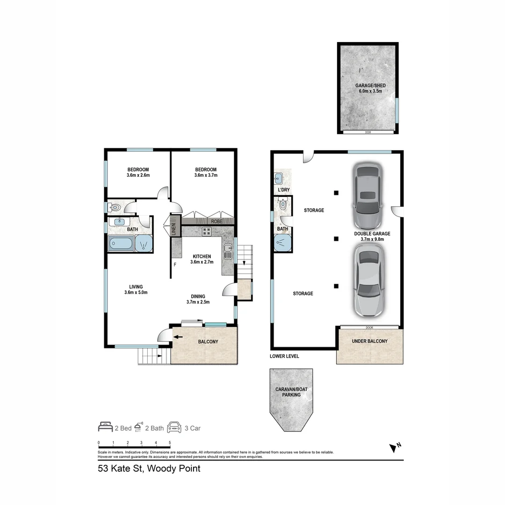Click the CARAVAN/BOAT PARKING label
(291, 392)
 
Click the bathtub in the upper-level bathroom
(121, 243)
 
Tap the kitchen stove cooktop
(206, 231)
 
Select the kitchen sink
(228, 252)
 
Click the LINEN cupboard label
(173, 229)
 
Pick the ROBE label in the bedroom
(216, 222)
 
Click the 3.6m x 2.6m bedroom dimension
(137, 175)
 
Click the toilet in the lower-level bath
(282, 204)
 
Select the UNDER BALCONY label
(369, 341)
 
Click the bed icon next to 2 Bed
(105, 427)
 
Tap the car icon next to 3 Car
(174, 427)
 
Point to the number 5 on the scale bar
(170, 442)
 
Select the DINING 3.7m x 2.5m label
(198, 299)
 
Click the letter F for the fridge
(175, 265)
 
